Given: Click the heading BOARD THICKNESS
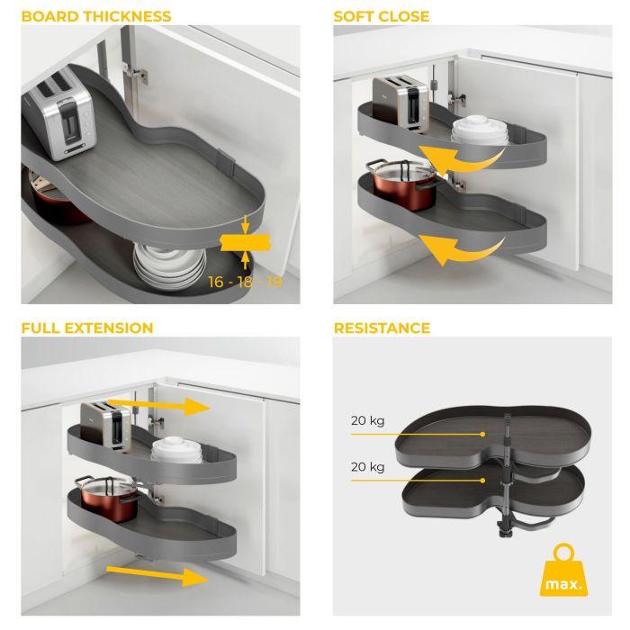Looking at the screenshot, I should pos(96,16).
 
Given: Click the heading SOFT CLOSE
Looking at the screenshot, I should pos(382,16).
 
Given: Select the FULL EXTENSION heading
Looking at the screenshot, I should pos(87,328).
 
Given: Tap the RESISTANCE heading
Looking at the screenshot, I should pos(382,328).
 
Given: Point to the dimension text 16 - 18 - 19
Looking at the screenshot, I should pos(245,282).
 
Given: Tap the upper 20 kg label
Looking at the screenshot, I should pos(368,419).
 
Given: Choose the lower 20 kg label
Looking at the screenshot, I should pos(368,467).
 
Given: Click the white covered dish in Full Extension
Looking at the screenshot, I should pos(168,454).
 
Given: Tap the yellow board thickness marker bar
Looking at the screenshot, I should pos(244,240).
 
